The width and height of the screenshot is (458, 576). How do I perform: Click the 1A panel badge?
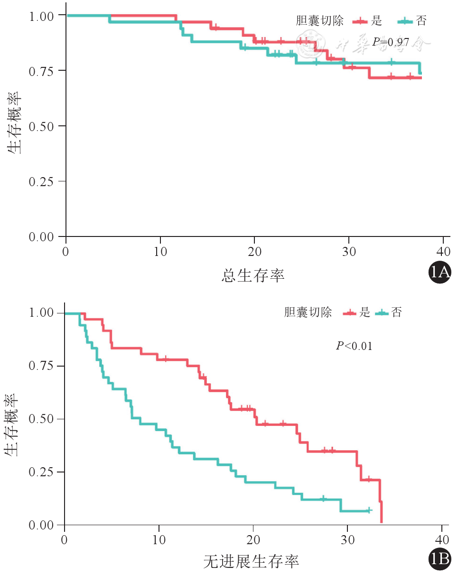click(x=439, y=272)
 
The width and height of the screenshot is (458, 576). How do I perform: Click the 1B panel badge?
click(x=439, y=560)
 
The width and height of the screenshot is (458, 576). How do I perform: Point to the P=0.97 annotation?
click(x=390, y=42)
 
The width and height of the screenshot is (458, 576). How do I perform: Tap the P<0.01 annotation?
click(x=354, y=346)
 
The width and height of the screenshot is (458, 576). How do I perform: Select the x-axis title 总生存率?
click(x=253, y=275)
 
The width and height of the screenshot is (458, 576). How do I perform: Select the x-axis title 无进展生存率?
click(x=251, y=562)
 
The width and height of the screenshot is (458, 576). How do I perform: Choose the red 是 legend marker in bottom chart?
click(x=350, y=312)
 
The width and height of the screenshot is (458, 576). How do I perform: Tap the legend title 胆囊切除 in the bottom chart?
click(x=308, y=312)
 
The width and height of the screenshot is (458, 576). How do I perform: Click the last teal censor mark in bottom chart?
click(x=368, y=510)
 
